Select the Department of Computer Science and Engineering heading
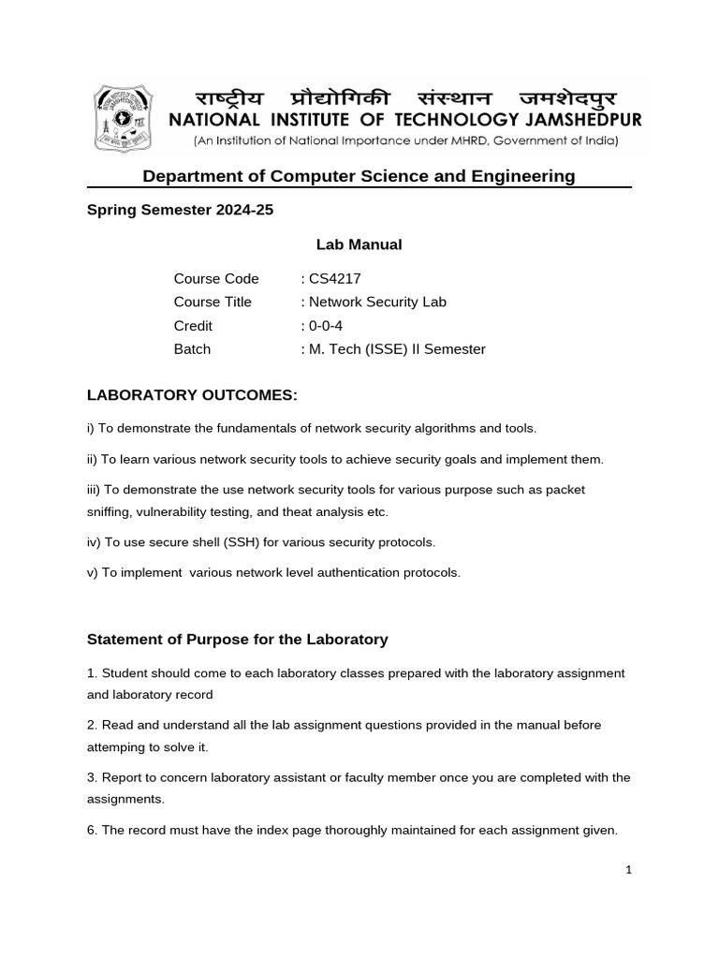(x=359, y=176)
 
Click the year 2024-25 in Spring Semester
(x=242, y=210)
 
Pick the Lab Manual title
(x=359, y=244)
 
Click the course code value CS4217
(x=334, y=278)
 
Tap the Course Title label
(x=213, y=302)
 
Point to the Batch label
(x=192, y=349)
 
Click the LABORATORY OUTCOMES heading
(x=192, y=396)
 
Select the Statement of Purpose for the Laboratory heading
(x=237, y=640)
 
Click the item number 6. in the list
(x=92, y=830)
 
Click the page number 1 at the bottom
(x=629, y=870)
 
